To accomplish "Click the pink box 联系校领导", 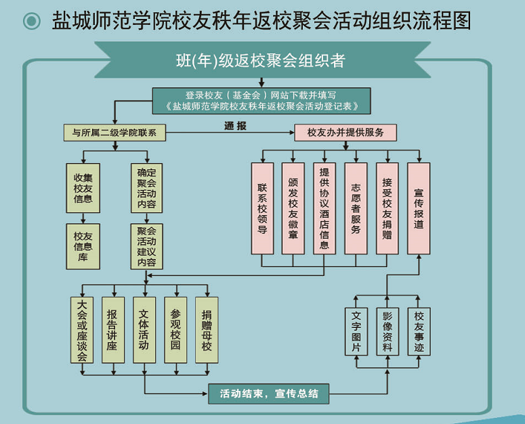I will pos(262,208).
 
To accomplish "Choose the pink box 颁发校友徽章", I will pos(293,208).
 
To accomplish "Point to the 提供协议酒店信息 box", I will pos(324,208).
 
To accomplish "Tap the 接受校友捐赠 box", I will pos(387,208).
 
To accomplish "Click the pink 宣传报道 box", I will pos(419,208).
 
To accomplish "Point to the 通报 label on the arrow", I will pos(235,126).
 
